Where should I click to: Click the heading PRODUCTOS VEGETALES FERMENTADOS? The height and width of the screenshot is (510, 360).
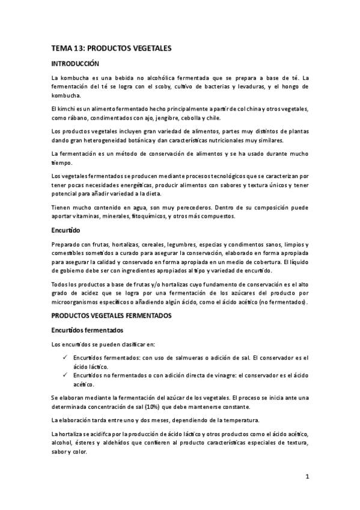click(112, 315)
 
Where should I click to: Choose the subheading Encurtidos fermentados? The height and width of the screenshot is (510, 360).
click(87, 330)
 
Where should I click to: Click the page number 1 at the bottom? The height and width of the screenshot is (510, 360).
click(307, 478)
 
